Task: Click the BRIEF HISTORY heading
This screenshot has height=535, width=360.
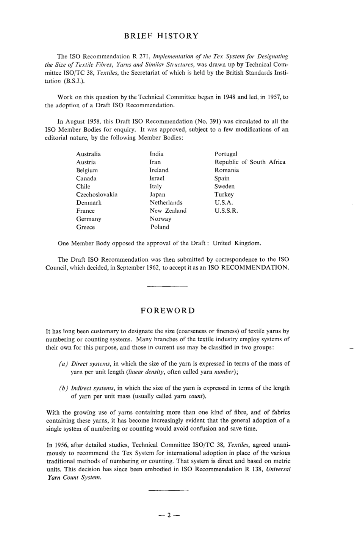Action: pos(161,36)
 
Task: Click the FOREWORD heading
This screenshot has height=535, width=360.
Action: pos(168,311)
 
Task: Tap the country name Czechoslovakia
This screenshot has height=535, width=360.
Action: pos(97,195)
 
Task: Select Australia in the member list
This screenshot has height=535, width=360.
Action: pos(88,154)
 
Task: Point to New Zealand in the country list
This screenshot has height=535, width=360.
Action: pos(168,211)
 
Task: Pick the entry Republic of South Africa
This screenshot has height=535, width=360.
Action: pos(250,162)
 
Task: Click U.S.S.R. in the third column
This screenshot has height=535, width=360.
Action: pos(226,211)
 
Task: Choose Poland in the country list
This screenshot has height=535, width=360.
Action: pos(160,227)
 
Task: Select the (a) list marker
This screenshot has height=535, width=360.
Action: pos(63,364)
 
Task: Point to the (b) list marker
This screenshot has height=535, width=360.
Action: pos(63,388)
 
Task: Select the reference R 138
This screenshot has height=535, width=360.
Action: pos(254,469)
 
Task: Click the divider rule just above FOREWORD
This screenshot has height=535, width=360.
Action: pos(167,286)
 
